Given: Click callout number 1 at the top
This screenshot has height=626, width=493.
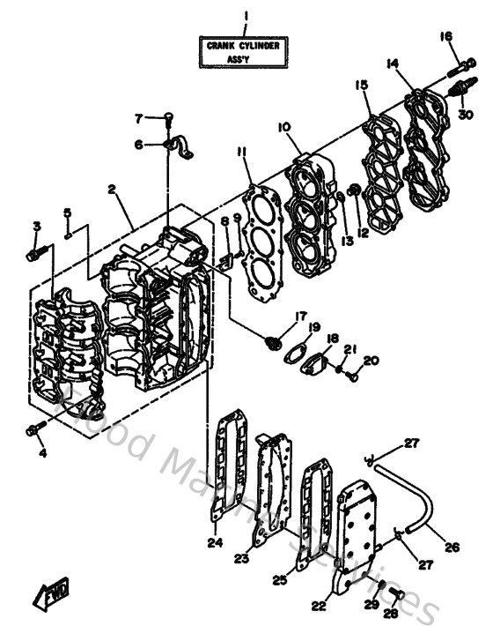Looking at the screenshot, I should [246, 15].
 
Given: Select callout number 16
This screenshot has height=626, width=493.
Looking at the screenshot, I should [445, 36].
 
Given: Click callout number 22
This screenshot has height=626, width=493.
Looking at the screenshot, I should [319, 606].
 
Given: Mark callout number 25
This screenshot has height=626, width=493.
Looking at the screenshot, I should [279, 580].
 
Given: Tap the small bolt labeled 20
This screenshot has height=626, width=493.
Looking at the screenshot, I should [352, 377].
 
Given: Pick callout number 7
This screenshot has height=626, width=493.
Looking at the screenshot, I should [138, 118].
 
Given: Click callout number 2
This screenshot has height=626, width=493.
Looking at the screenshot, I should [113, 190].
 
